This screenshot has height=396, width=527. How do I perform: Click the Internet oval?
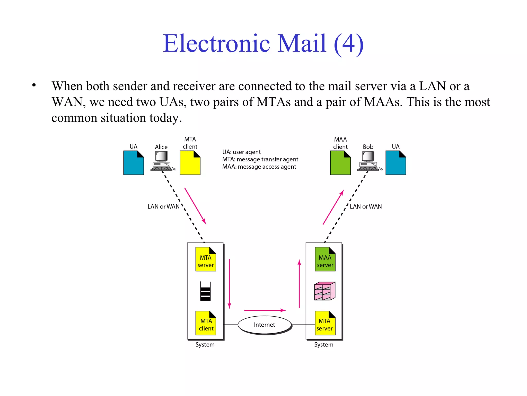coord(265,325)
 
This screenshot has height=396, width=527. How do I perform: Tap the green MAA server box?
coord(325,259)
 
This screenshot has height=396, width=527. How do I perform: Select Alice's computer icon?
coord(162,161)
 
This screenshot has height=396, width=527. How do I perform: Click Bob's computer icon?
coord(369,161)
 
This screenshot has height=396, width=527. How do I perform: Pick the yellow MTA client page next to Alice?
coord(190,163)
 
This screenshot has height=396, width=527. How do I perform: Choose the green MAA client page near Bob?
coord(340,163)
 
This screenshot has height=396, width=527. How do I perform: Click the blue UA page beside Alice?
coord(134,163)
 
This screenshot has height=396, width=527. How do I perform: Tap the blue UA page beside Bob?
coord(396,163)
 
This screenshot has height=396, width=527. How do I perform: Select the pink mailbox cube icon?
coord(325,291)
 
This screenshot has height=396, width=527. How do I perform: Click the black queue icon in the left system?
coord(205,291)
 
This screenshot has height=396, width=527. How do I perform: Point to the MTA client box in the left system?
coord(206,323)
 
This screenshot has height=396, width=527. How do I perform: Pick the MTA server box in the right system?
coord(325,323)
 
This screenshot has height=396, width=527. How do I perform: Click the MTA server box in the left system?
coord(206,259)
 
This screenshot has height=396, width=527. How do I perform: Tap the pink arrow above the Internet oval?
coord(265,310)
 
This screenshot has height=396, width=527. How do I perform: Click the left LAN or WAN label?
coord(163,207)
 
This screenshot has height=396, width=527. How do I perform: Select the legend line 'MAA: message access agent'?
coord(259,167)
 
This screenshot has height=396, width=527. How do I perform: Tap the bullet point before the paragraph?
coord(34,85)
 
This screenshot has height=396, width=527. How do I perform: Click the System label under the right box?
coord(323,345)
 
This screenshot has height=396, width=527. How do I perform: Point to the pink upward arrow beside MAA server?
coord(299,284)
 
